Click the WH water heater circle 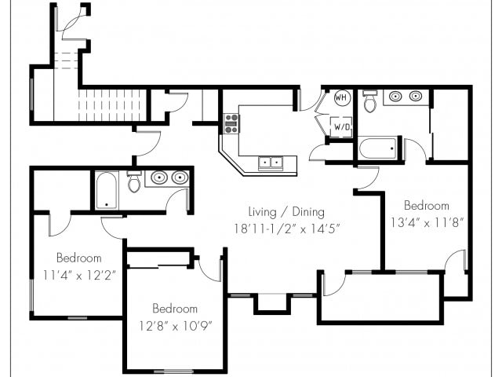click(341, 97)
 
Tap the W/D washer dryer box click(341, 126)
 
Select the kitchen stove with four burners click(231, 123)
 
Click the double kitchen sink click(271, 163)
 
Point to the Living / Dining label click(286, 212)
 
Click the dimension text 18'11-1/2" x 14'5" click(286, 229)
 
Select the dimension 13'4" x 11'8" click(427, 222)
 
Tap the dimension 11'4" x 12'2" click(79, 275)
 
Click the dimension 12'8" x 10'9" click(176, 326)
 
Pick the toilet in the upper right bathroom click(369, 101)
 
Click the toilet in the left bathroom click(134, 181)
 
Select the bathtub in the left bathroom click(107, 191)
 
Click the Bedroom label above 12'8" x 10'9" click(175, 309)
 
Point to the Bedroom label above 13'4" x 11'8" click(427, 205)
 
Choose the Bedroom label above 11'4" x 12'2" click(78, 258)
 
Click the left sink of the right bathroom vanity click(395, 96)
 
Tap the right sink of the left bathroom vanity click(180, 178)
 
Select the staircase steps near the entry click(112, 105)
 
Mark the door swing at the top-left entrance click(71, 23)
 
